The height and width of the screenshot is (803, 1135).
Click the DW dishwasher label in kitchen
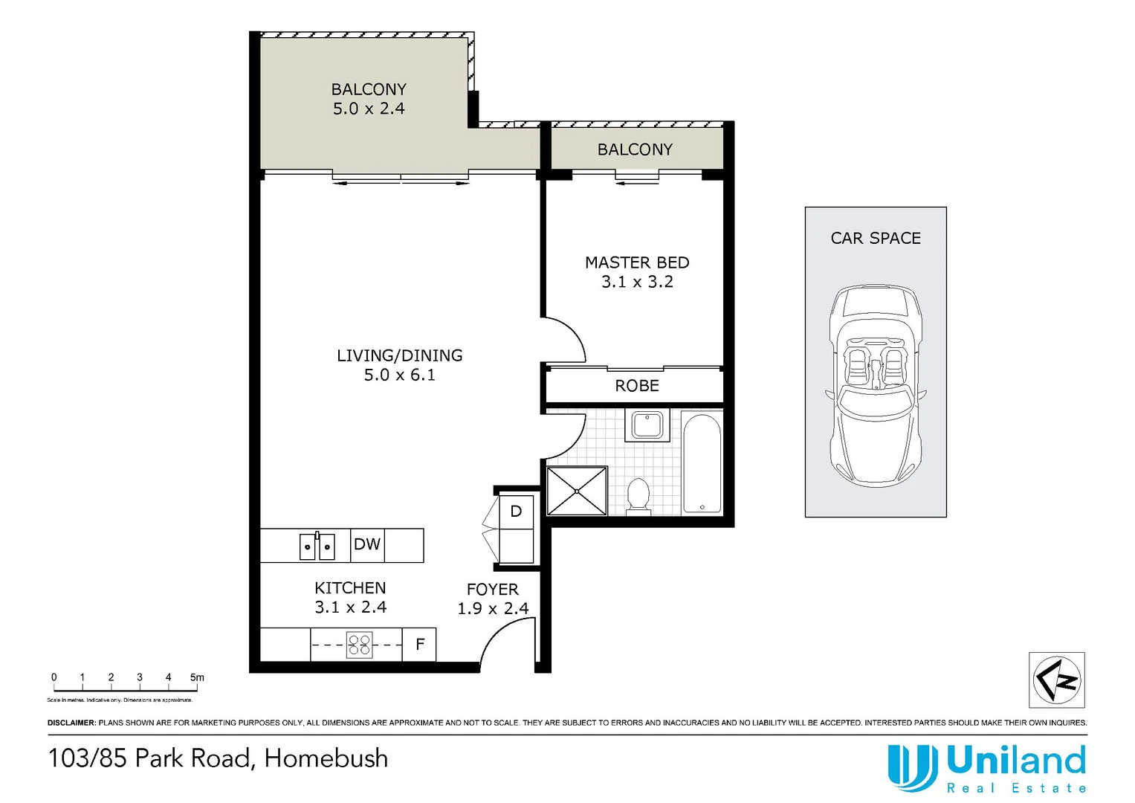[367, 544]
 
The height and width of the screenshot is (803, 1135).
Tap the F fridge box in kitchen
[419, 645]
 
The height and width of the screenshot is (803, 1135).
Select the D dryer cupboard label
[516, 512]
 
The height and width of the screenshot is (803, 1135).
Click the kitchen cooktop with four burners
[360, 645]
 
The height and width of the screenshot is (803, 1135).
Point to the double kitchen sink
[317, 546]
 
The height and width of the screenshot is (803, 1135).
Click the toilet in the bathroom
[638, 496]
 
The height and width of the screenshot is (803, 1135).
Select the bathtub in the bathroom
[702, 464]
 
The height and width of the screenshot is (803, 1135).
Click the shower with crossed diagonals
[578, 491]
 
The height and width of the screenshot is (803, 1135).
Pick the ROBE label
[637, 386]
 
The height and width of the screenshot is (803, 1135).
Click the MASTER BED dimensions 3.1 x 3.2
[637, 282]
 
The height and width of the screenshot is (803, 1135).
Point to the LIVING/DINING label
[399, 355]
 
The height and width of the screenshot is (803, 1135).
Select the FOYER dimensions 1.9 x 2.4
[493, 608]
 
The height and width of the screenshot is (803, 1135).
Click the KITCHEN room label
[350, 587]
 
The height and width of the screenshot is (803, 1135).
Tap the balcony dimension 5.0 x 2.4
[369, 109]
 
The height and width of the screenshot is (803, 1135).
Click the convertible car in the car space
[876, 387]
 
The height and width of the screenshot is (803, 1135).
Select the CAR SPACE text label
[876, 238]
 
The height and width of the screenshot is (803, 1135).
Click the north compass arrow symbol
[1056, 680]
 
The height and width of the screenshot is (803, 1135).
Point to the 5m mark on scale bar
[197, 677]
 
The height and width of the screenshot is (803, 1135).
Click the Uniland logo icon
[912, 768]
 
